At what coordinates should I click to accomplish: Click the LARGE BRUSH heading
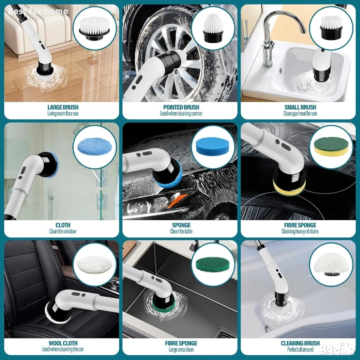point(63,107)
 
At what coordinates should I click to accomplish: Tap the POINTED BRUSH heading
point(181,107)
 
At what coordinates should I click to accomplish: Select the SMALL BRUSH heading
point(300,107)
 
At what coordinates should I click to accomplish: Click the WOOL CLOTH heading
point(63,343)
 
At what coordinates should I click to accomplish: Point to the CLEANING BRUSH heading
point(300,343)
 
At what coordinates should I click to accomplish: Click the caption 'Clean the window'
point(63,231)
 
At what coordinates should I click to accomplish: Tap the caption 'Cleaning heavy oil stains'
point(300,231)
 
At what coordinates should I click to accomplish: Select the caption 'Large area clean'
point(181,349)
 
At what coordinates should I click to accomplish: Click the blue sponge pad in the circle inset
point(213,147)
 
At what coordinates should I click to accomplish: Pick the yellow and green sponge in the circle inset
point(331,147)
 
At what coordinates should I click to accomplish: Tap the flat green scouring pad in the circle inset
point(213,265)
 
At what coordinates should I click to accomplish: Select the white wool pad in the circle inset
point(94,264)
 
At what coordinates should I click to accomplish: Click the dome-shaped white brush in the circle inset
point(331,264)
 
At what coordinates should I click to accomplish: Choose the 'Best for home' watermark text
point(38,11)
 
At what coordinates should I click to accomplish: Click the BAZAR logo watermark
point(338,349)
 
